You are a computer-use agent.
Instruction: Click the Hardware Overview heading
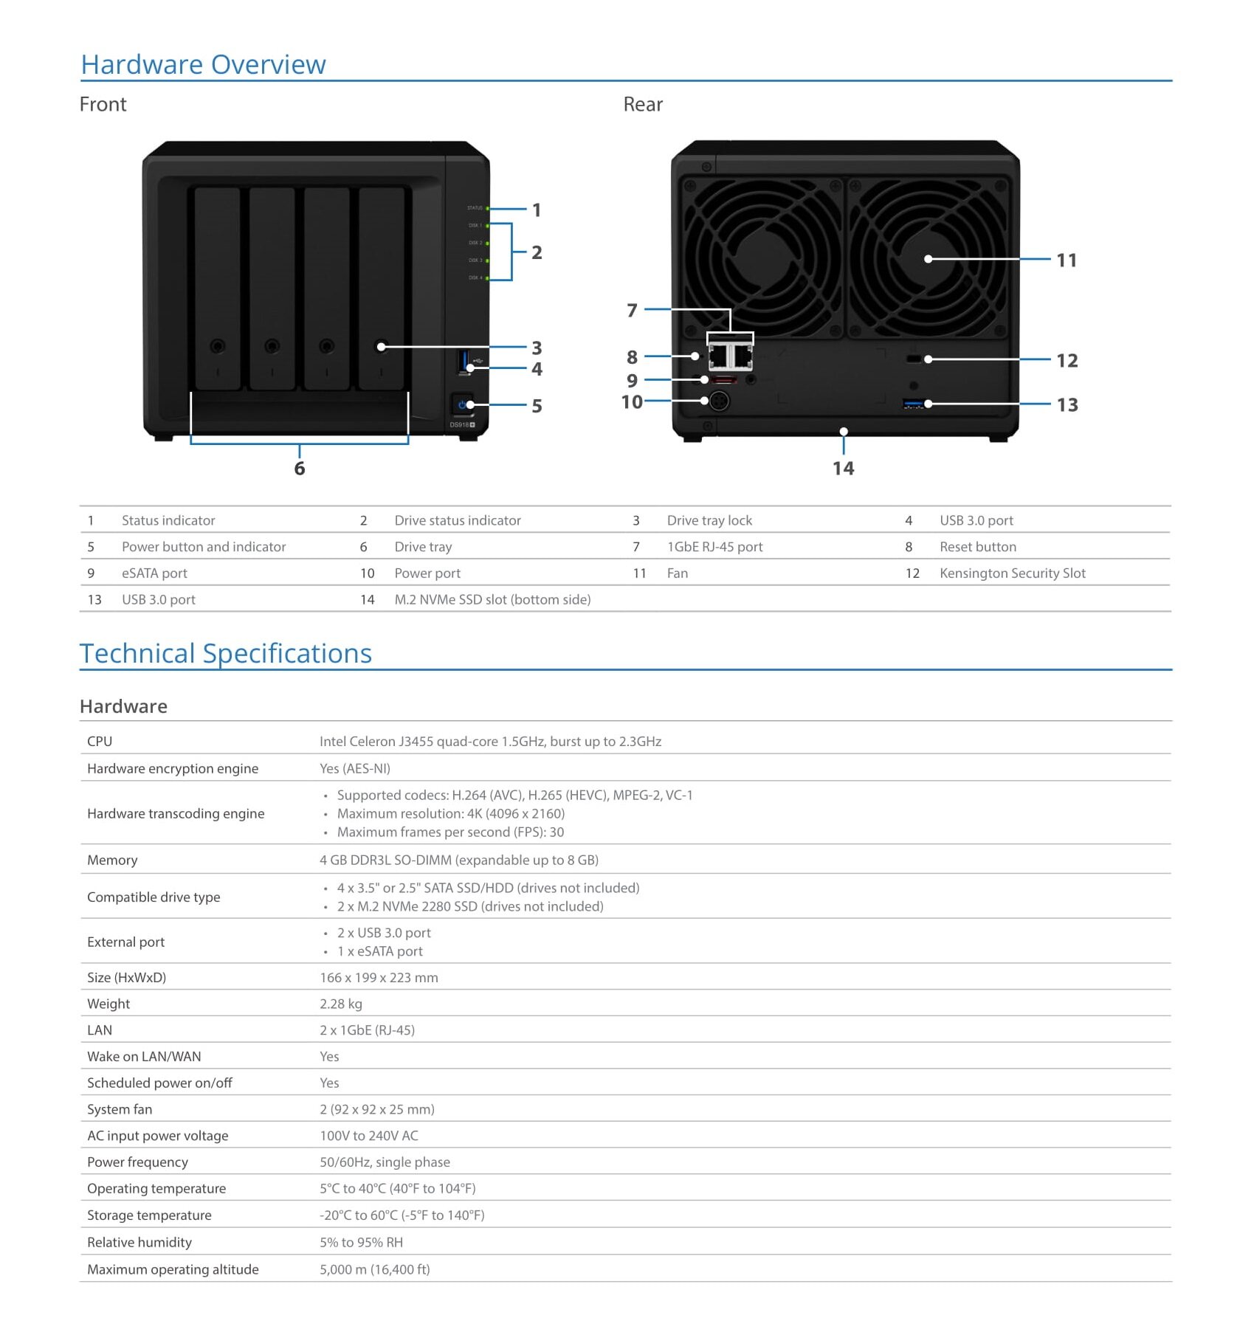pos(203,65)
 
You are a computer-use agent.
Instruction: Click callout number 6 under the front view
pos(300,469)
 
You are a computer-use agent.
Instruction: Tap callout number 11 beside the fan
pos(1067,261)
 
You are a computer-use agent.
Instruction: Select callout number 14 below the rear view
pos(843,469)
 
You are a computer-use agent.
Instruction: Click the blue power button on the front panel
pos(462,404)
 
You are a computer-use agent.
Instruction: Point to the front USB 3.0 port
pos(464,362)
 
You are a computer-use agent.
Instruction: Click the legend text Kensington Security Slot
pos(1012,573)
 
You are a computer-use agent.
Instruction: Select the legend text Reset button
pos(978,547)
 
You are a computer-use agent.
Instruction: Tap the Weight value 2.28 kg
pos(341,1004)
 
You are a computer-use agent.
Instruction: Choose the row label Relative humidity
pos(139,1242)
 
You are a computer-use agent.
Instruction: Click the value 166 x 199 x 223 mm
pos(379,978)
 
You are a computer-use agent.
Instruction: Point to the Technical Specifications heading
pos(226,654)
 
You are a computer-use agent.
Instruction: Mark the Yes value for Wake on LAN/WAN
pos(329,1057)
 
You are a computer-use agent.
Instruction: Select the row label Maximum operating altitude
pos(173,1269)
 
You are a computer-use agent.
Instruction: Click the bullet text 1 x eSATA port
pos(380,951)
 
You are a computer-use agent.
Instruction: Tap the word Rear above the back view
pos(643,105)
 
